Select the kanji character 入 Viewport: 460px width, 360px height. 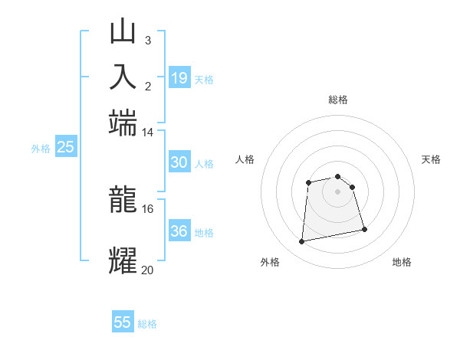(x=123, y=77)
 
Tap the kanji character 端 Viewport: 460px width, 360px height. (x=123, y=123)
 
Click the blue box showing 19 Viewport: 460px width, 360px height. (x=179, y=78)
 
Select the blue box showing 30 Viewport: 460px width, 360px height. (x=179, y=162)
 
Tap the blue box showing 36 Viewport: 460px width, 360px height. (x=179, y=231)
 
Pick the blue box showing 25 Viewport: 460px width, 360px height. (x=65, y=147)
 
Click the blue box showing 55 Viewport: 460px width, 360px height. (x=123, y=322)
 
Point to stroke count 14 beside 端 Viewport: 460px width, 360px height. (x=147, y=133)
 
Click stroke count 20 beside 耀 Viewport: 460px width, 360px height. (x=147, y=270)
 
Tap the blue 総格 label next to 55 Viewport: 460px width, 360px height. (x=147, y=324)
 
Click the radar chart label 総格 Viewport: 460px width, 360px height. (x=337, y=100)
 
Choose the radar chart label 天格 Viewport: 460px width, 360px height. (x=431, y=159)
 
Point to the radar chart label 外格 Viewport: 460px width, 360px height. (x=270, y=262)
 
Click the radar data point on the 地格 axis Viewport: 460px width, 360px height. (x=364, y=229)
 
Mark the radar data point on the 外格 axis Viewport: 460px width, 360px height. (x=302, y=242)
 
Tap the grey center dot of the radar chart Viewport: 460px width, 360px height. (x=337, y=191)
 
